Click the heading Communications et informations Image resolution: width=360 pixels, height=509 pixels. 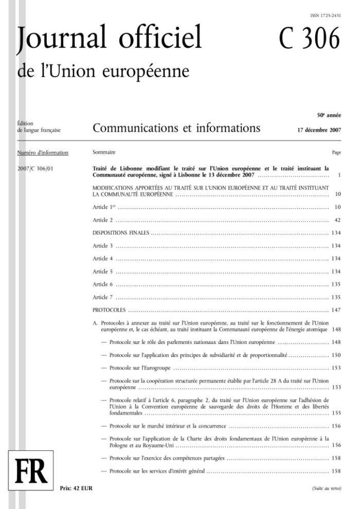point(176,128)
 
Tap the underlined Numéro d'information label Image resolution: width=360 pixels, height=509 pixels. point(43,153)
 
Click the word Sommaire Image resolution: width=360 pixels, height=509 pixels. point(104,153)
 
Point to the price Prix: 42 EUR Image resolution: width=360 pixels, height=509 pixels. point(77,488)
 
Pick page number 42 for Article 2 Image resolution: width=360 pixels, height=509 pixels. point(337,220)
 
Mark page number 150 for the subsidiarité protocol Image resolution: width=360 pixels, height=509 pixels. point(336,355)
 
